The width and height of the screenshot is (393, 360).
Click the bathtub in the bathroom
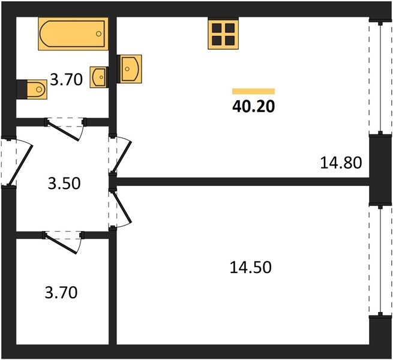click(73, 34)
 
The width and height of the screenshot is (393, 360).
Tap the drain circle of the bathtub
click(99, 34)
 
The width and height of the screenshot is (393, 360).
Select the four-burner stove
click(223, 34)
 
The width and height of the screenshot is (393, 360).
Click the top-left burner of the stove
click(217, 28)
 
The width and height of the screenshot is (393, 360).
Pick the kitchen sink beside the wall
click(130, 69)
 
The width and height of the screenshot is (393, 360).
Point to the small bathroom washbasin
click(99, 77)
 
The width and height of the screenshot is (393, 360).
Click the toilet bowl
click(37, 89)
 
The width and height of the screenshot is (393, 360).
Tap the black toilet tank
click(22, 89)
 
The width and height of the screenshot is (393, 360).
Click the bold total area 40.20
click(254, 106)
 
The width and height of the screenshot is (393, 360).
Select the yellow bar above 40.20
click(253, 91)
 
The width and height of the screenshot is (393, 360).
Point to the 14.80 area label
click(341, 163)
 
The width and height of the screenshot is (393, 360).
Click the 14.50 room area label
click(251, 267)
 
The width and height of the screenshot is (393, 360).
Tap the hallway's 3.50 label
click(64, 183)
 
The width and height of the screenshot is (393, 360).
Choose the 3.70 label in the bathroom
click(67, 79)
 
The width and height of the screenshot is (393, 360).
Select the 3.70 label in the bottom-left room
click(61, 293)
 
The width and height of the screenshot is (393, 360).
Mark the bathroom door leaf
click(62, 131)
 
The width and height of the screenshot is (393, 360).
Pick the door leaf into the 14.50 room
click(122, 207)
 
